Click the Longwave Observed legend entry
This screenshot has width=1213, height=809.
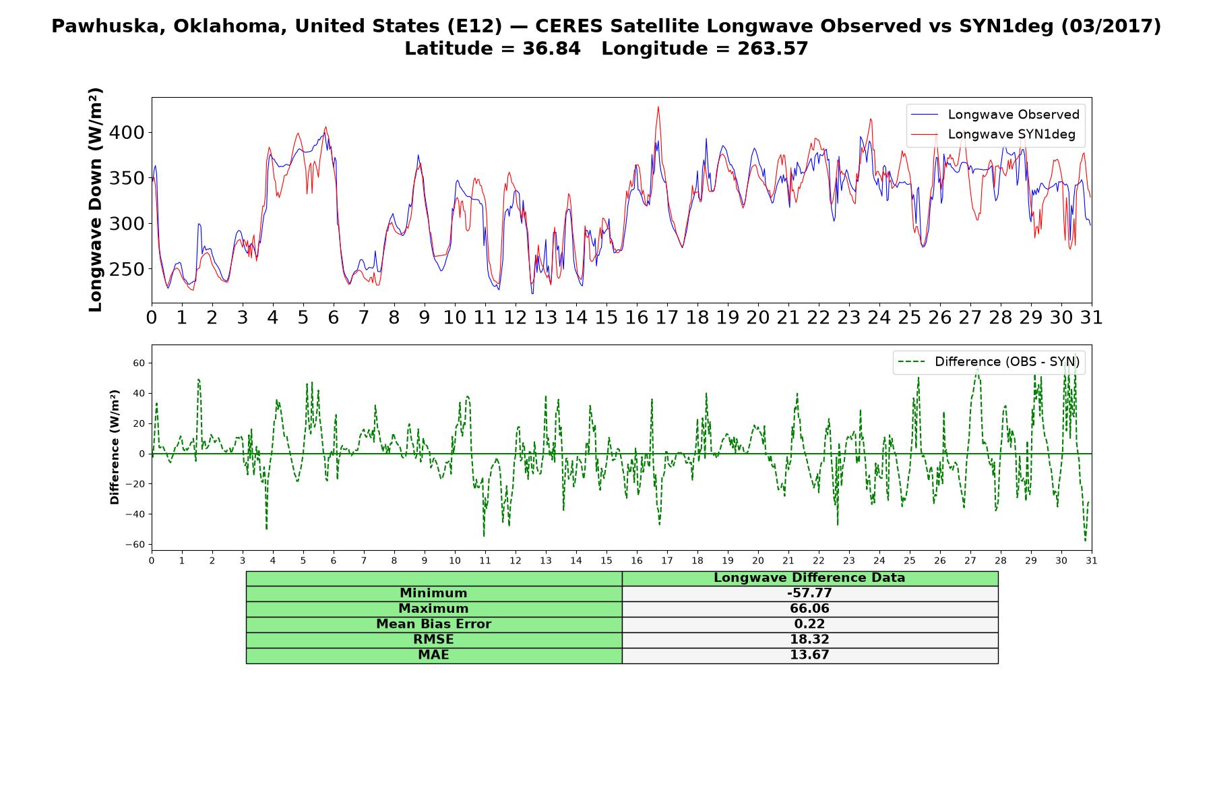pyautogui.click(x=995, y=115)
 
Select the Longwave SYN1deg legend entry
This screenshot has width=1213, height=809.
pyautogui.click(x=993, y=134)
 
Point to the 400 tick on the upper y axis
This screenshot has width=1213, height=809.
pyautogui.click(x=128, y=133)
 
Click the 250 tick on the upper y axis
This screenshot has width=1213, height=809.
pyautogui.click(x=128, y=270)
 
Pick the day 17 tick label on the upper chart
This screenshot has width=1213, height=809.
pyautogui.click(x=667, y=318)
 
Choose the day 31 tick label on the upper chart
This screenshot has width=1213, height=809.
pyautogui.click(x=1092, y=318)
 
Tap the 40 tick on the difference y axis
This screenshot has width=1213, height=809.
pyautogui.click(x=138, y=393)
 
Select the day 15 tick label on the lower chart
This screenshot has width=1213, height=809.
pyautogui.click(x=606, y=560)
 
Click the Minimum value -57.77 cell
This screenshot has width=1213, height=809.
pyautogui.click(x=809, y=593)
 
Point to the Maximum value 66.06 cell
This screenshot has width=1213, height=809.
pyautogui.click(x=809, y=609)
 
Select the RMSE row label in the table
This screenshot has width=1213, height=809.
pyautogui.click(x=434, y=640)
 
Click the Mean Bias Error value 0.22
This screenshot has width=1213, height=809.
pyautogui.click(x=809, y=624)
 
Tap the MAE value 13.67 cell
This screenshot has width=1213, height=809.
pyautogui.click(x=809, y=655)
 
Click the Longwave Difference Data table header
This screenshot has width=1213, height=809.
pyautogui.click(x=809, y=578)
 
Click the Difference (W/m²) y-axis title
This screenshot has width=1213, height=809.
pyautogui.click(x=115, y=447)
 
